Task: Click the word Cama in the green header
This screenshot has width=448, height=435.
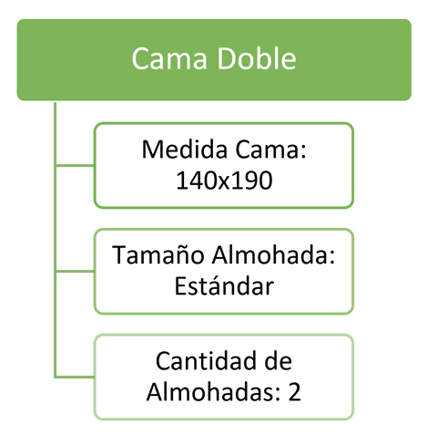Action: click(x=169, y=58)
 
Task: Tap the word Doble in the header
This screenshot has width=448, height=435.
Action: click(x=257, y=57)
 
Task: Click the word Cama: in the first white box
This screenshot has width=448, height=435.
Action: click(x=271, y=150)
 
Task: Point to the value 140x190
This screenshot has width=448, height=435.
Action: click(x=224, y=181)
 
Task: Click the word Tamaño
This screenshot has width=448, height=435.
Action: click(x=158, y=254)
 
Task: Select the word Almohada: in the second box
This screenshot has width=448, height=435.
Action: click(x=273, y=254)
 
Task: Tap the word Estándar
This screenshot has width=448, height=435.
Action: click(x=224, y=285)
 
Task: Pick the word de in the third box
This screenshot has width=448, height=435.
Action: click(x=279, y=361)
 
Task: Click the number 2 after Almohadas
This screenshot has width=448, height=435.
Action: click(x=294, y=392)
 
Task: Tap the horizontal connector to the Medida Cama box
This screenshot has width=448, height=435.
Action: click(x=75, y=166)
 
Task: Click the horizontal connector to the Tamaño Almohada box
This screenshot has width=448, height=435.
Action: click(x=75, y=271)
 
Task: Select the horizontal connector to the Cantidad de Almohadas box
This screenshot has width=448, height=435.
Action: click(x=75, y=377)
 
